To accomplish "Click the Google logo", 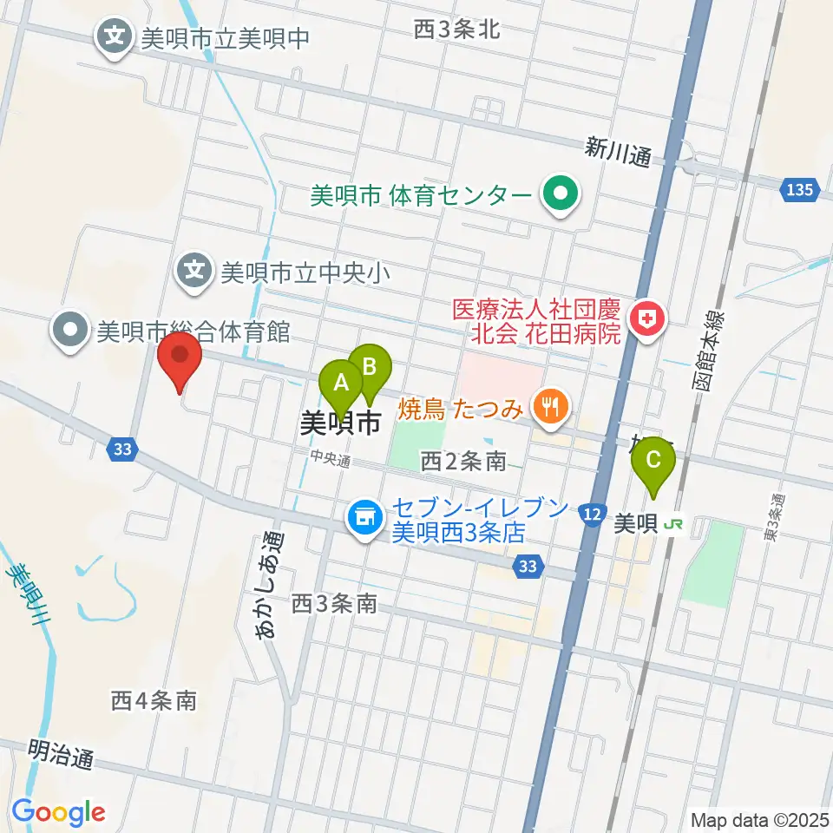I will coord(58,812).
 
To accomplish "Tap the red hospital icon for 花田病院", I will coord(646,321).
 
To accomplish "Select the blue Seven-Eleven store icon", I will coord(364,518).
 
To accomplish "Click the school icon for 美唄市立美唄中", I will coord(115,37).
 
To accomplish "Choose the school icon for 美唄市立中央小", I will coord(195,272).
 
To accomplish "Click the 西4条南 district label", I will coord(154,699).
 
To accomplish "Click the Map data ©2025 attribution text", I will coord(758,819).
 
